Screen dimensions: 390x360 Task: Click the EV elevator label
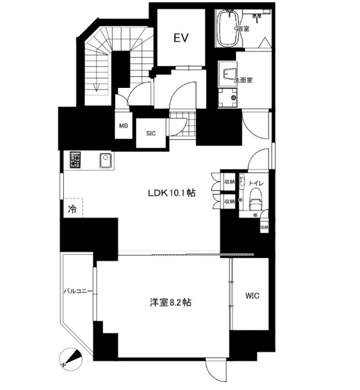[x=181, y=38]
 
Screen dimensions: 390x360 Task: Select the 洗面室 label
[x=243, y=80]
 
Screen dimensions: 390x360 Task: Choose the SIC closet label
[x=151, y=133]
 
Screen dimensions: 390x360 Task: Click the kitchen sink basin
[x=105, y=160]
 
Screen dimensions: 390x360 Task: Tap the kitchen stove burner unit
[x=75, y=160]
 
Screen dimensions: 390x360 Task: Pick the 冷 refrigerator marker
[x=72, y=209]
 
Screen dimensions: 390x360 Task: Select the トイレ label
[x=256, y=183]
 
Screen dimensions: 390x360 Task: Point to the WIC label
[x=252, y=296]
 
